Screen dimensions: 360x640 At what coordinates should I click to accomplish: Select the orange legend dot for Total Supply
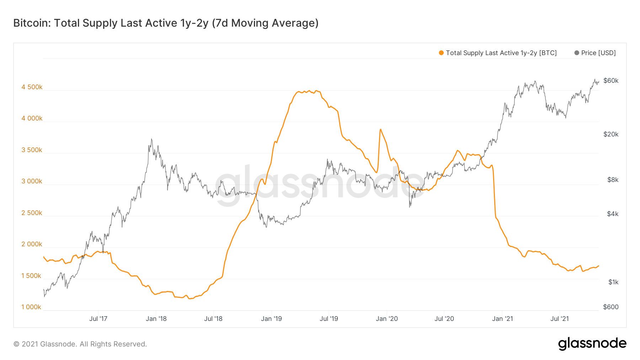[x=441, y=53]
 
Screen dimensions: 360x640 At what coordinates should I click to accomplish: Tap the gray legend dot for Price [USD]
[x=577, y=53]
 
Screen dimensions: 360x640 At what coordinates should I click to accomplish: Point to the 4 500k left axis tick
[x=32, y=87]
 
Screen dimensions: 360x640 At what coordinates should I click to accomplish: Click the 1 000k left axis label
[x=31, y=307]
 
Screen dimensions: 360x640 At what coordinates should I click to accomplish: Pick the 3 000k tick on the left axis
[x=32, y=181]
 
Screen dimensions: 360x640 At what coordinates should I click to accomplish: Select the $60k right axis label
[x=611, y=81]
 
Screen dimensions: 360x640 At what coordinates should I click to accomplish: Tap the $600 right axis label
[x=610, y=307]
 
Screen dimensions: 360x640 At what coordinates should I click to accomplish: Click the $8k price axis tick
[x=613, y=180]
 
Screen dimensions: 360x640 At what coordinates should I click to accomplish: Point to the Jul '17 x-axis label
[x=98, y=319]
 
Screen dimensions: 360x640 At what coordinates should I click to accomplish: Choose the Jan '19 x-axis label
[x=271, y=319]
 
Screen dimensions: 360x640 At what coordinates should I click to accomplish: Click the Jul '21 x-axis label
[x=560, y=319]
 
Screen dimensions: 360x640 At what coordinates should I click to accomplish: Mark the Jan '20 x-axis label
[x=387, y=319]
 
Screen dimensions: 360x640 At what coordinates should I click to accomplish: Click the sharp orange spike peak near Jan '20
[x=380, y=129]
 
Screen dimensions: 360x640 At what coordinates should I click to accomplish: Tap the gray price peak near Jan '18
[x=151, y=139]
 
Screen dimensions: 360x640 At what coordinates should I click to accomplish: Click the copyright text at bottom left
[x=80, y=344]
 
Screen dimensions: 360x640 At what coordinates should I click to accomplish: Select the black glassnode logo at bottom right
[x=592, y=344]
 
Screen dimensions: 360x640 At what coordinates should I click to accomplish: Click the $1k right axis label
[x=613, y=282]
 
